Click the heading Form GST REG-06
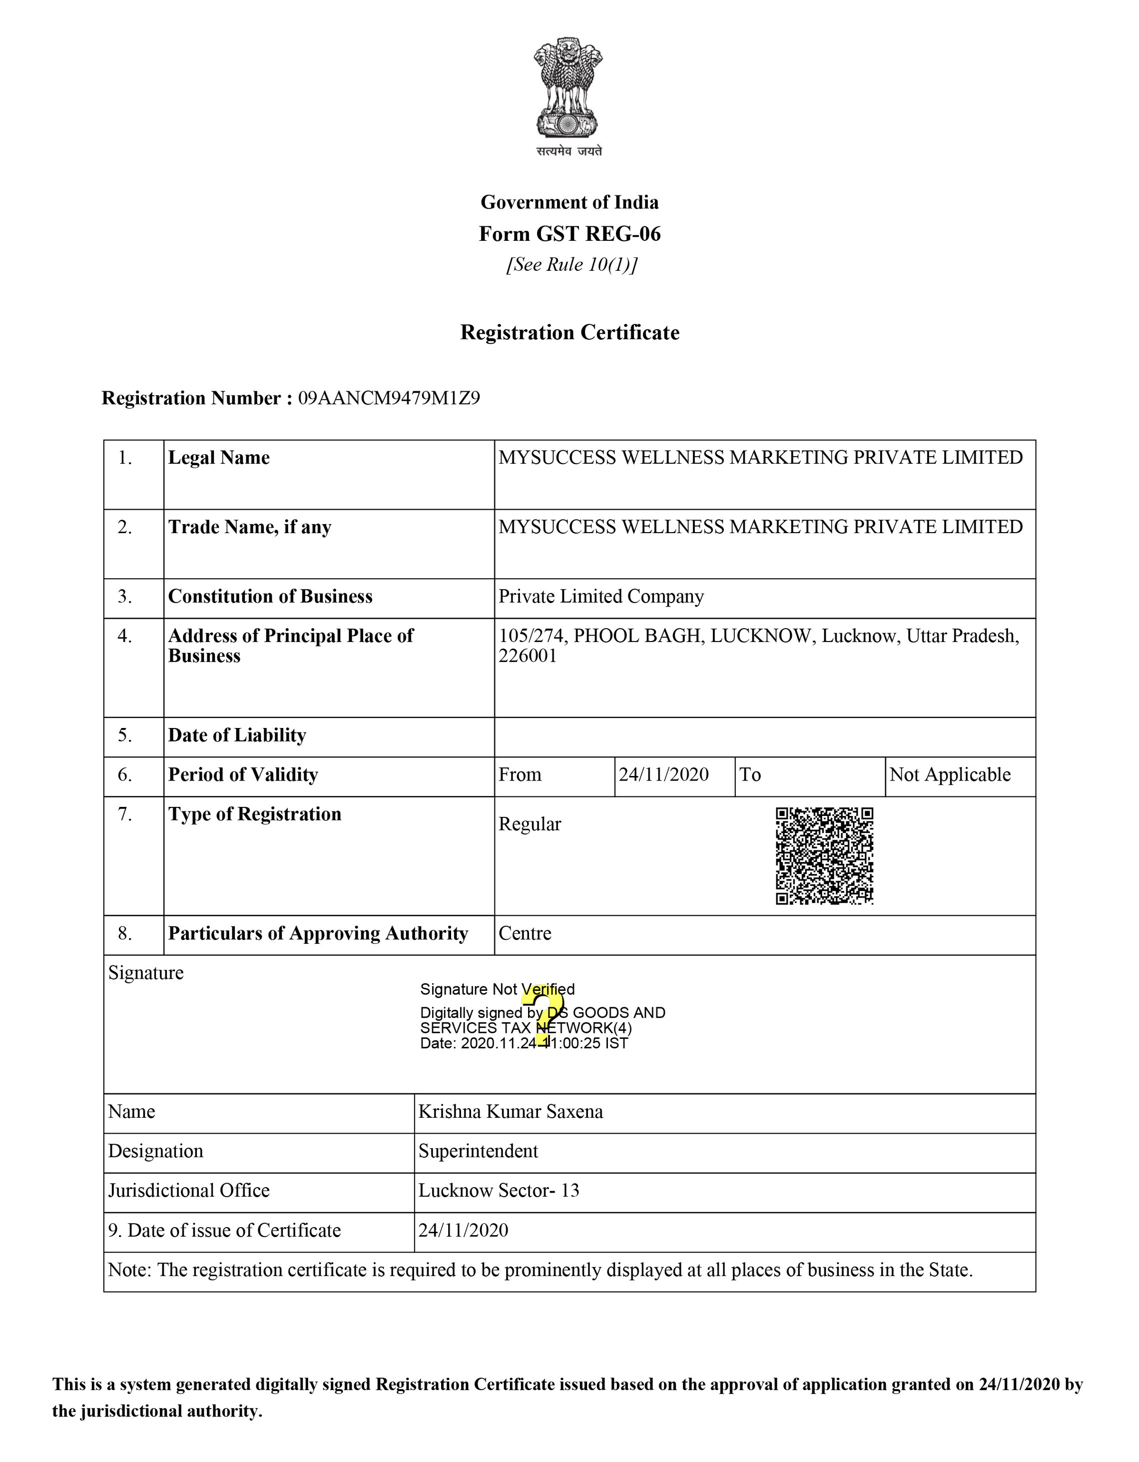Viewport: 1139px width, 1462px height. click(569, 234)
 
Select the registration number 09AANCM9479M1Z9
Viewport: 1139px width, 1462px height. click(389, 398)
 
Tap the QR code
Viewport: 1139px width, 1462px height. click(824, 855)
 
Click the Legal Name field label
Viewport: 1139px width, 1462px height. click(219, 458)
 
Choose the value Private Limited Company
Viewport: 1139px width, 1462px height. click(601, 597)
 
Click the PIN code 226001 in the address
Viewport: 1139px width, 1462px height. click(528, 656)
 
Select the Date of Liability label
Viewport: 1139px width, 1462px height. click(237, 735)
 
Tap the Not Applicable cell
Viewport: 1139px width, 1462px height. click(950, 774)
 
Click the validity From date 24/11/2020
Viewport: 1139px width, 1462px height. click(663, 774)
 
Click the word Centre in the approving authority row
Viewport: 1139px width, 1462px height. click(525, 933)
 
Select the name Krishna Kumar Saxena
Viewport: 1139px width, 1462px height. click(511, 1111)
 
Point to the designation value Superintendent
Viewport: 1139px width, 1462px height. click(478, 1151)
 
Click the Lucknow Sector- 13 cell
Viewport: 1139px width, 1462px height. click(499, 1190)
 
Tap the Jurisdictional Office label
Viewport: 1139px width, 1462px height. click(189, 1190)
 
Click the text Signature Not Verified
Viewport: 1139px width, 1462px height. click(497, 989)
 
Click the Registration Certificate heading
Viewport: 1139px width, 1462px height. click(569, 333)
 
